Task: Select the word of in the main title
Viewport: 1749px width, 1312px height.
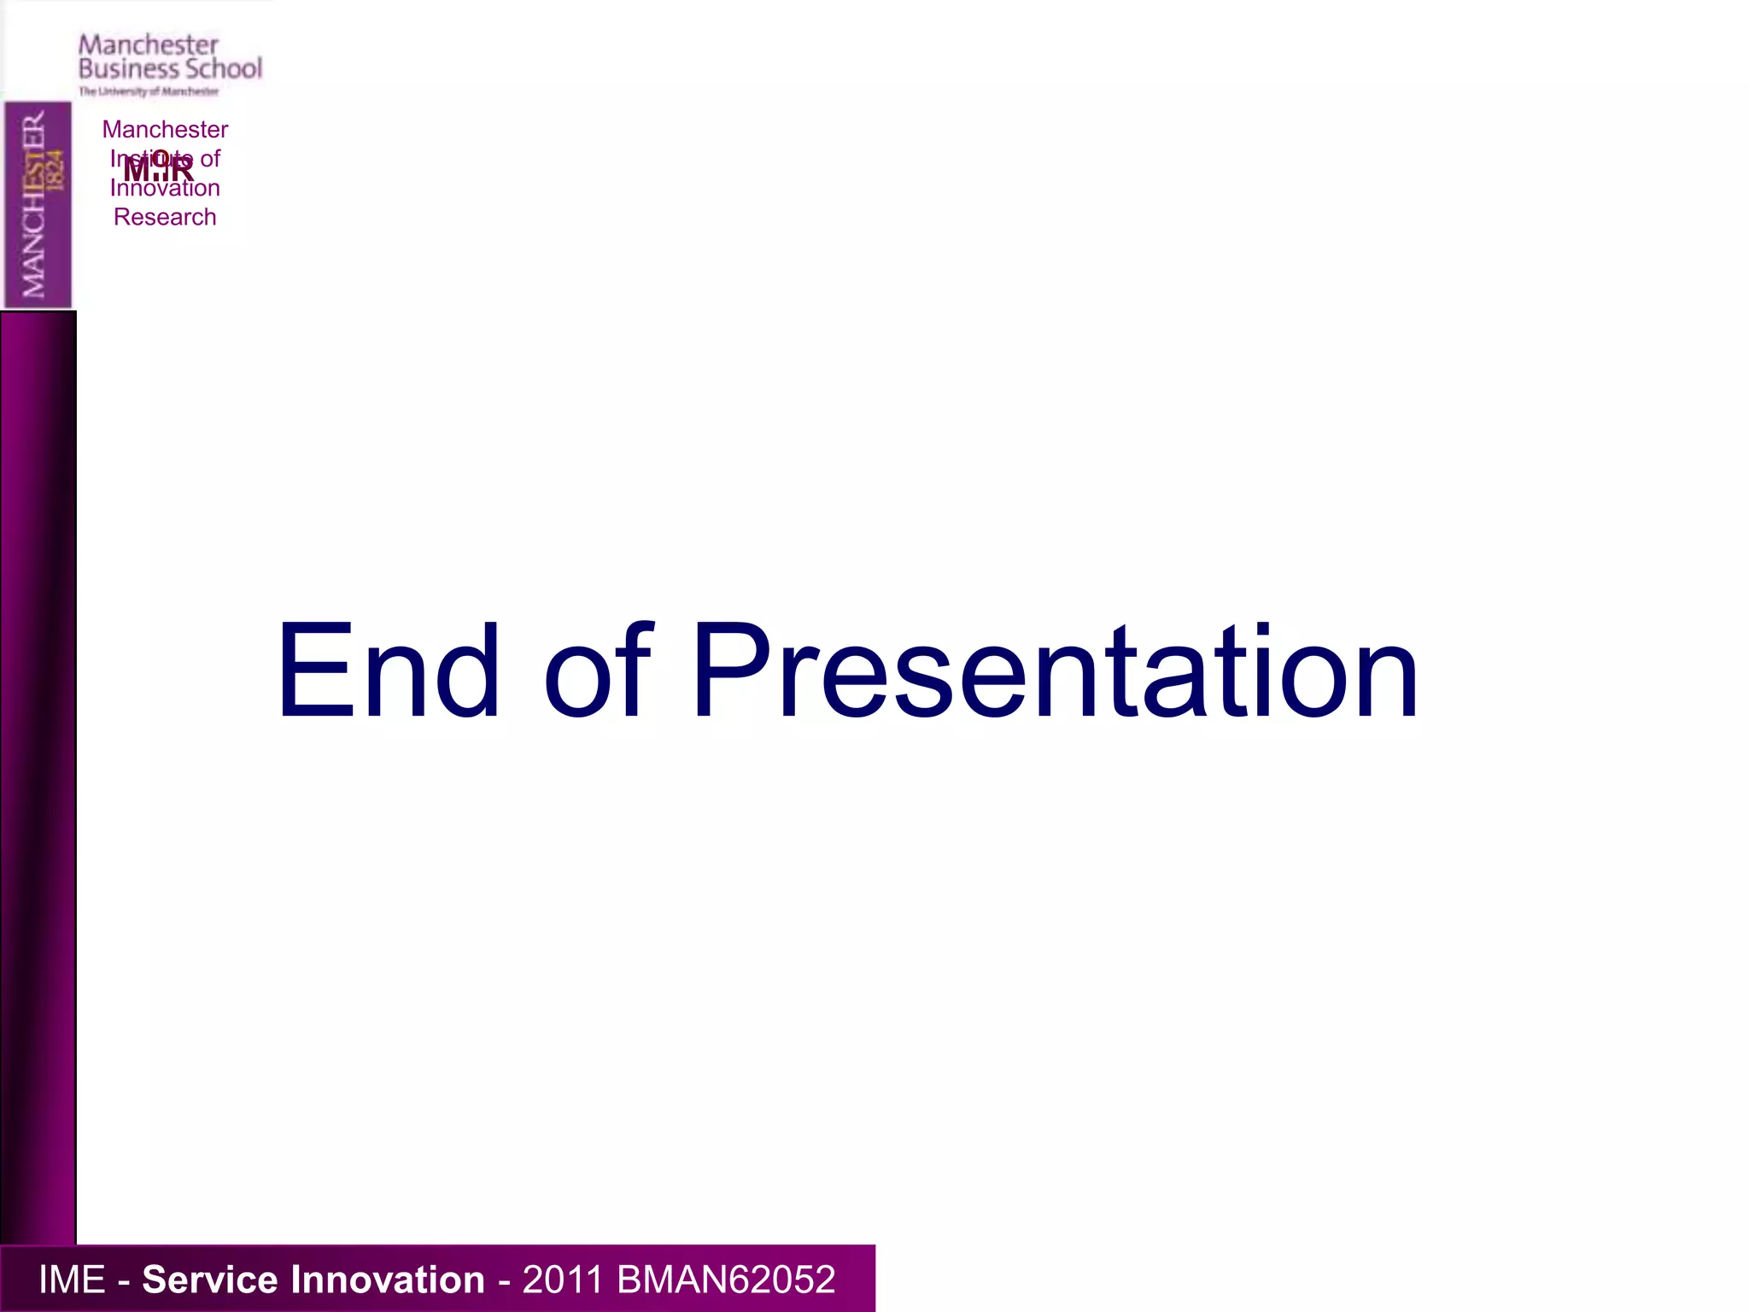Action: pos(598,671)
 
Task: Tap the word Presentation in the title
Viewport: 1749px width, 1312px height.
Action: pos(1056,671)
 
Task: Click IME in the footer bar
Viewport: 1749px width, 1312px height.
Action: pos(72,1280)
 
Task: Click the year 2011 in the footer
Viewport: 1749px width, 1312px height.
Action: pos(563,1280)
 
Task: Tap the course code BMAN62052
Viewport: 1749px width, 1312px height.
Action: pos(726,1280)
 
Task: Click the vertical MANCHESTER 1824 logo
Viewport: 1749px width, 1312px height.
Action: pos(38,205)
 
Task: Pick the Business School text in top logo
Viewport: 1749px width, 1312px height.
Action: pos(170,69)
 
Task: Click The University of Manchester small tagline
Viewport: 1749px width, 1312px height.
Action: pos(149,91)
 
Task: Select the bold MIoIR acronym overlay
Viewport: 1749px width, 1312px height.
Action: pos(159,167)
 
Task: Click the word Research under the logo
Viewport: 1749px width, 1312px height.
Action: pos(165,217)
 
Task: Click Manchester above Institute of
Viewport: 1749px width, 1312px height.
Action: pos(165,129)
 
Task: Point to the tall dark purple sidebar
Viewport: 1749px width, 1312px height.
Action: pos(38,777)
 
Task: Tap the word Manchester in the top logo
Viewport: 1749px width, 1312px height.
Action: pos(149,44)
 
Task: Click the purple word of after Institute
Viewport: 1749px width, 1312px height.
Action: pos(210,158)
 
